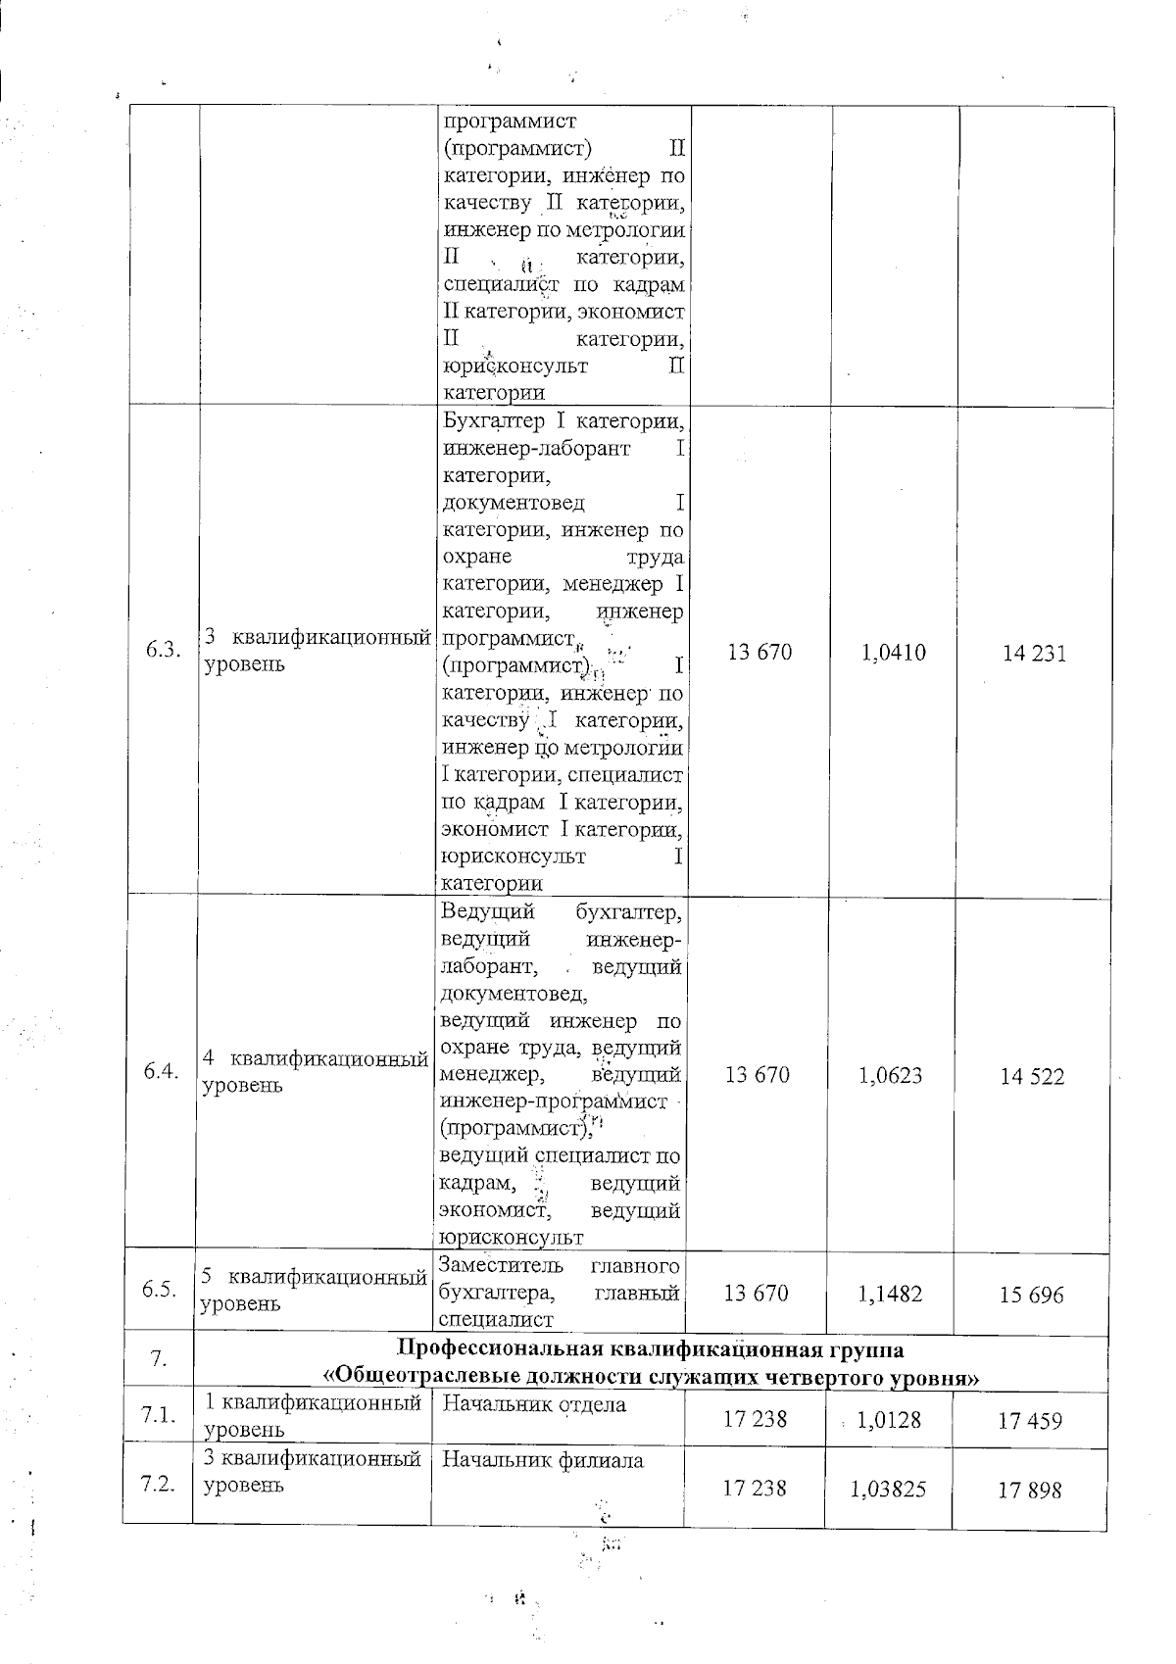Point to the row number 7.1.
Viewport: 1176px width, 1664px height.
[157, 1415]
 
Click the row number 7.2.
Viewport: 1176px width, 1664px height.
[157, 1484]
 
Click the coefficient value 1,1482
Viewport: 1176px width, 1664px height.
[890, 1294]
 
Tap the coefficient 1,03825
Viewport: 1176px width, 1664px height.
[889, 1490]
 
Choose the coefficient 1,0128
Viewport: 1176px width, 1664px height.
[889, 1419]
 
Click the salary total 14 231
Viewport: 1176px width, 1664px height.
[1034, 654]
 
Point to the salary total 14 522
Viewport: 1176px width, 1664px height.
[1032, 1077]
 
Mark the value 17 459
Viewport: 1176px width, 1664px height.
[1030, 1421]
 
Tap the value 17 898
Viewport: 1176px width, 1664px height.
[1030, 1491]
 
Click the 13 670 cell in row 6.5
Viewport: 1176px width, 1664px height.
[756, 1293]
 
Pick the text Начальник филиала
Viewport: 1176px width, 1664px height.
[543, 1460]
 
